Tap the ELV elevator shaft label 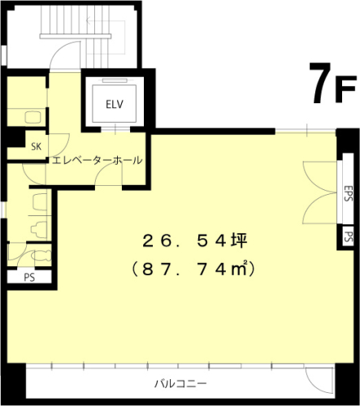[113, 104]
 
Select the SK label [37, 147]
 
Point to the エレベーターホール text [97, 160]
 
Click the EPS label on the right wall [347, 194]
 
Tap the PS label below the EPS [348, 237]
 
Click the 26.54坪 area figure [189, 240]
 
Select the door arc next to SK [59, 142]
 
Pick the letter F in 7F [345, 89]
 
